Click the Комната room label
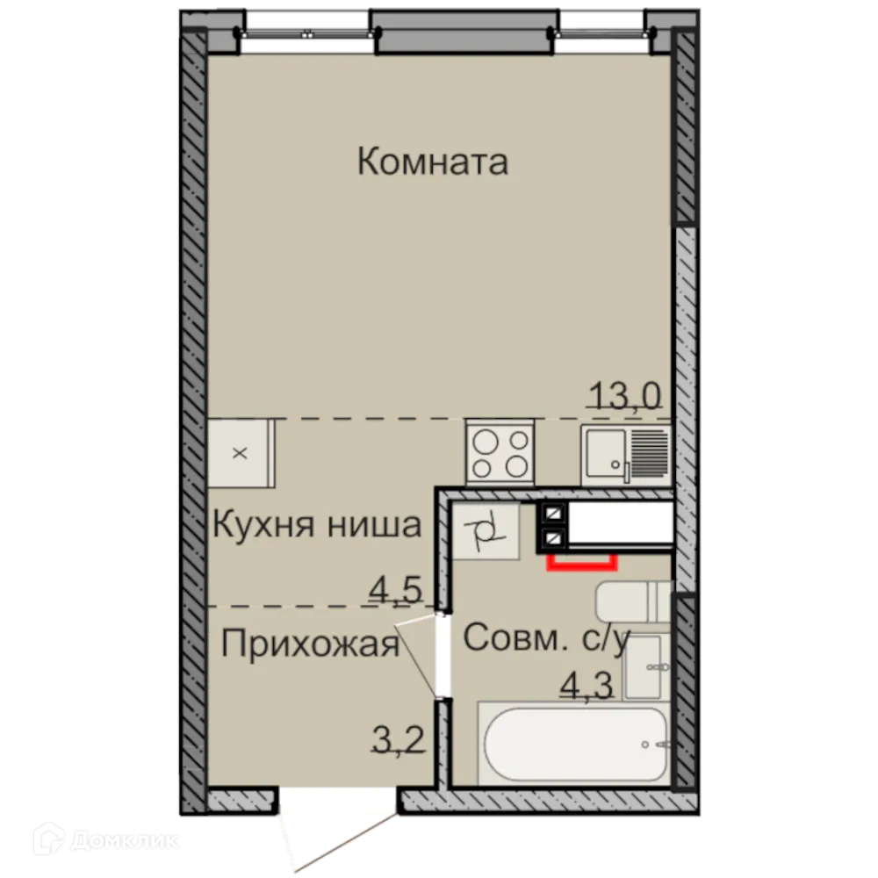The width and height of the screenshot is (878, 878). [433, 162]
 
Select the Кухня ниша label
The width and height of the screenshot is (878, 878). [318, 526]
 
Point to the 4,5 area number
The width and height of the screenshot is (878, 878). [396, 589]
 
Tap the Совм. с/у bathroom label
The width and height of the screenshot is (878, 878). [545, 639]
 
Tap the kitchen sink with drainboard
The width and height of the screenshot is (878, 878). [624, 452]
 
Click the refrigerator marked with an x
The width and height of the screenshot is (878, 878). [241, 454]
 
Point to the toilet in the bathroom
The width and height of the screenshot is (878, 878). [632, 601]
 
